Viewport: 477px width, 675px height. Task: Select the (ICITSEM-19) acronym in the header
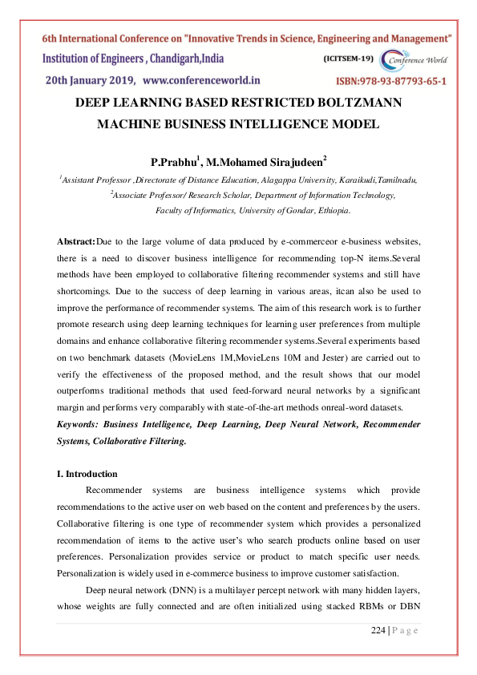click(x=348, y=59)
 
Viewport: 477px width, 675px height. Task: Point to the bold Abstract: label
click(x=76, y=241)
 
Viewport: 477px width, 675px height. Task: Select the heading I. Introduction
click(x=87, y=474)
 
